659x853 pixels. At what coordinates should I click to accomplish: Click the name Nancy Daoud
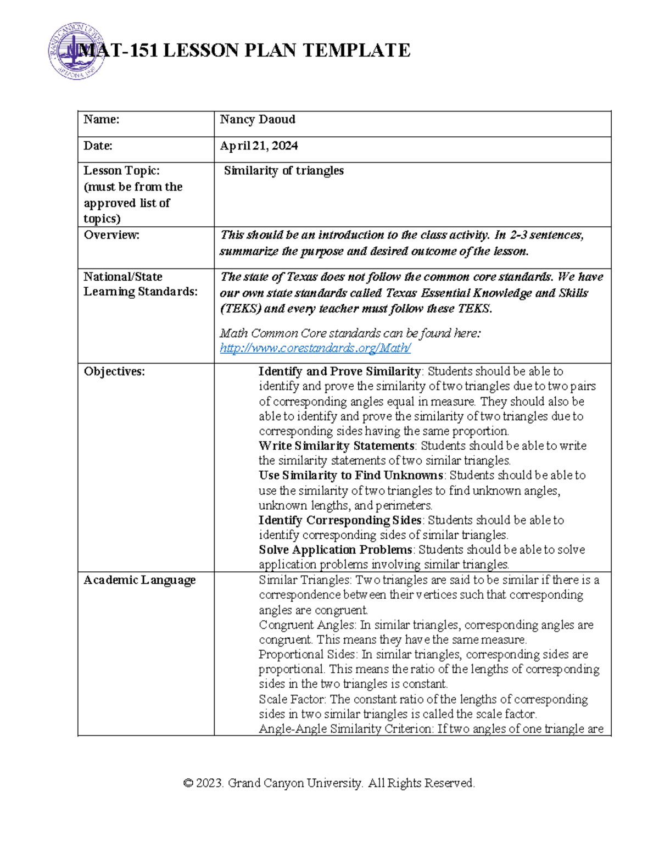(258, 120)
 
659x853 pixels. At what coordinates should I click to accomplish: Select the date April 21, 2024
(259, 146)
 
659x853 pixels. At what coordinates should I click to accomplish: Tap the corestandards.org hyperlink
(315, 348)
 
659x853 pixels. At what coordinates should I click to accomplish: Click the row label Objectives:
(114, 372)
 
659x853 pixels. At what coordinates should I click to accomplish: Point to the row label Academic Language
(139, 581)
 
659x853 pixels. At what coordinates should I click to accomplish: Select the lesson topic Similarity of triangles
(283, 171)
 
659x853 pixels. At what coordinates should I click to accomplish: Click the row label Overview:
(111, 235)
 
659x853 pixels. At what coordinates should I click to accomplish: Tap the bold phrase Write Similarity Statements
(336, 446)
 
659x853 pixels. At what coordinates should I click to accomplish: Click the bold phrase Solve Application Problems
(335, 550)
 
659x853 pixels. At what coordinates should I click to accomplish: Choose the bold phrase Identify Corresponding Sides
(339, 520)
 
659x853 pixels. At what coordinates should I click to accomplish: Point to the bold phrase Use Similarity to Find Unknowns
(350, 476)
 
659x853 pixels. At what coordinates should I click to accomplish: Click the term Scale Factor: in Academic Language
(292, 700)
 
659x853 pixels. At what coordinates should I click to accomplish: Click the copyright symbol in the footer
(188, 783)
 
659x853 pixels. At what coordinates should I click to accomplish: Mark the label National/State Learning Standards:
(139, 284)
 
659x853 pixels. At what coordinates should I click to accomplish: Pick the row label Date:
(98, 146)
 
